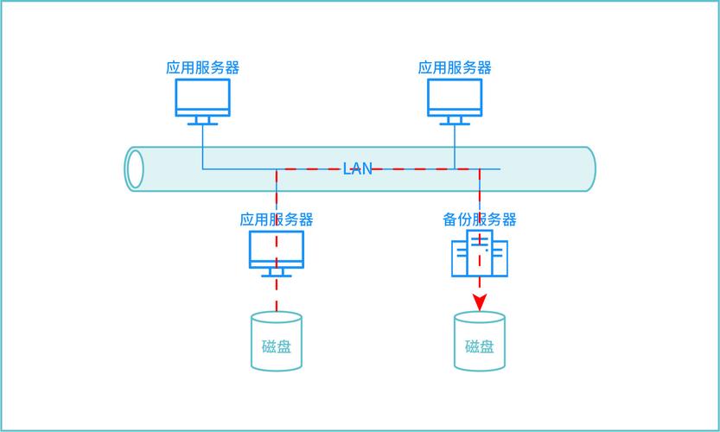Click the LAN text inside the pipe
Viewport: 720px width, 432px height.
pos(358,168)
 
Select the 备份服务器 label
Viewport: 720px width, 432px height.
pos(480,219)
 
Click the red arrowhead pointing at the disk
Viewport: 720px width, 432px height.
pos(480,302)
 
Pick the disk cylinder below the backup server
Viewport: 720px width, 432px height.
pos(480,342)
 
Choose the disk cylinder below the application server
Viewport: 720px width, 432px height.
pos(277,342)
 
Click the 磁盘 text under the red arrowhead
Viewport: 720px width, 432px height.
pos(480,347)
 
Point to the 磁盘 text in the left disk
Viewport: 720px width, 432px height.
pos(277,347)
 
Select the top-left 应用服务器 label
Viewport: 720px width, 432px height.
pos(203,67)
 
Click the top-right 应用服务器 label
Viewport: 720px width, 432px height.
pos(455,67)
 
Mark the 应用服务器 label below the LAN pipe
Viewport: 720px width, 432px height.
pos(277,219)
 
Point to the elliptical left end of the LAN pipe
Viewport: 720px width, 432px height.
pos(135,168)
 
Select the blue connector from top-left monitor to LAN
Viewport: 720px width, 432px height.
pos(203,147)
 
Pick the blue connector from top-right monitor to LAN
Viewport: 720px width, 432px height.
pos(455,147)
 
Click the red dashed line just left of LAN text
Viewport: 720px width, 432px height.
pos(311,169)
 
